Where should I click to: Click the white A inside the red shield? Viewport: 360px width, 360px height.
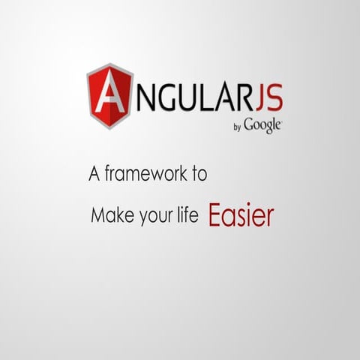(x=110, y=94)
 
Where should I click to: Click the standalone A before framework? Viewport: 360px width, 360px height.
(x=94, y=175)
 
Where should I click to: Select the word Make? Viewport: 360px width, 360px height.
(x=107, y=217)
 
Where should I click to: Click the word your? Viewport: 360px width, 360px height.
(x=151, y=217)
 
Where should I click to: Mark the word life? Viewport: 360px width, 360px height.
(x=187, y=216)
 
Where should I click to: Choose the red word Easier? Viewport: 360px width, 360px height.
(x=241, y=215)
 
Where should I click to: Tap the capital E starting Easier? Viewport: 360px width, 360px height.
(x=214, y=215)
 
